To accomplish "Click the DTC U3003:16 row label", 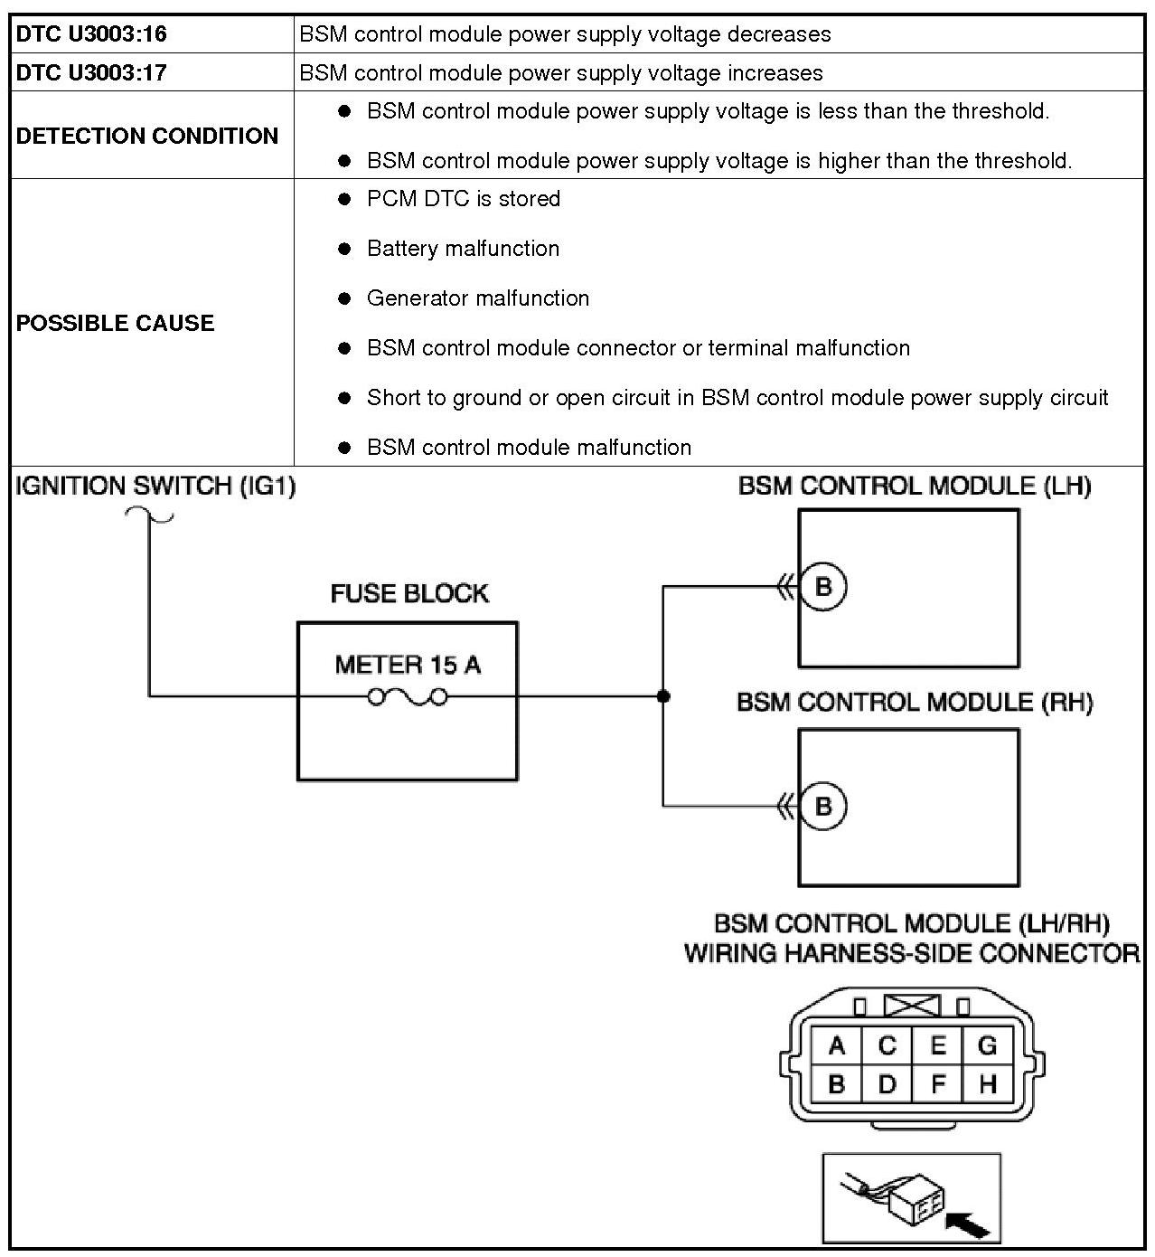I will click(x=91, y=34).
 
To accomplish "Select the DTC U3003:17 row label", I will click(x=91, y=73).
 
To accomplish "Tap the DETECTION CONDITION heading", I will click(x=147, y=136).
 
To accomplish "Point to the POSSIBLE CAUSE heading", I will click(x=115, y=323).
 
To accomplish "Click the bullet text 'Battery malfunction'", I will click(x=463, y=249).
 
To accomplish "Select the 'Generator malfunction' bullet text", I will click(x=478, y=298).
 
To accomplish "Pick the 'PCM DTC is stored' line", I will click(x=464, y=199).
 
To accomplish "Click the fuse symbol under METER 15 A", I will click(x=408, y=696).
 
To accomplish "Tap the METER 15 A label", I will click(x=408, y=666).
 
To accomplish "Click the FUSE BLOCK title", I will click(x=409, y=594).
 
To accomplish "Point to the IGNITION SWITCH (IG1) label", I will click(x=155, y=487).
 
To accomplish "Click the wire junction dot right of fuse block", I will click(x=663, y=696).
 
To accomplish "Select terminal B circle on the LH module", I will click(x=823, y=587).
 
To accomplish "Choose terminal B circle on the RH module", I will click(x=823, y=806).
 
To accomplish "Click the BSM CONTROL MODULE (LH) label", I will click(x=915, y=487).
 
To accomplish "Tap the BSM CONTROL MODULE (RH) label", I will click(x=915, y=703).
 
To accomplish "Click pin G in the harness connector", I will click(x=987, y=1046).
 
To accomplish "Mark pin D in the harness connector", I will click(x=887, y=1083).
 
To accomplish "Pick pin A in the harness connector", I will click(x=837, y=1046).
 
